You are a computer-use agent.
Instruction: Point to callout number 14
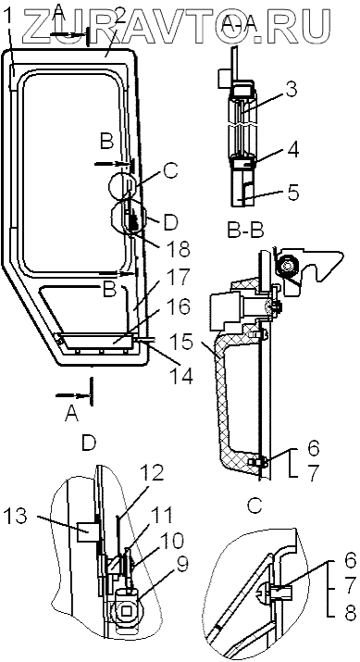click(180, 376)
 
